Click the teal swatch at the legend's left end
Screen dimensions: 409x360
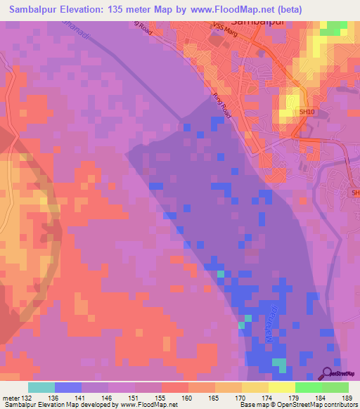point(41,387)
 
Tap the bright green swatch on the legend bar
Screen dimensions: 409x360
point(309,387)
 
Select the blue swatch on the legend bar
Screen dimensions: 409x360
point(68,387)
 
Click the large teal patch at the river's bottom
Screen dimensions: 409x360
point(280,365)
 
